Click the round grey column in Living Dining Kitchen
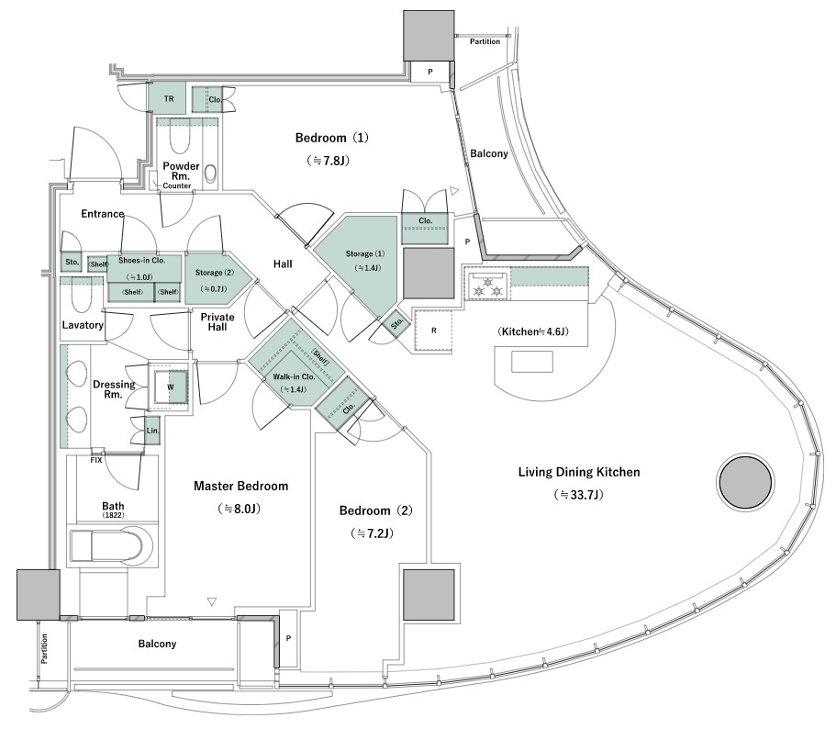click(745, 482)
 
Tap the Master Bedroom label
click(240, 486)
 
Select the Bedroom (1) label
click(331, 138)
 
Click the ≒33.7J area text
click(578, 495)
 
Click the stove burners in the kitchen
click(488, 285)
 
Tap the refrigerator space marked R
click(433, 331)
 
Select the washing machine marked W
click(171, 387)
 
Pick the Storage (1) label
click(364, 253)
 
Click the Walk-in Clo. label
click(294, 376)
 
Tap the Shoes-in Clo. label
click(142, 261)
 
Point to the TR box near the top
click(169, 98)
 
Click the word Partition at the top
click(485, 41)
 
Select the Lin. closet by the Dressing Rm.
click(152, 431)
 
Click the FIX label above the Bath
click(96, 460)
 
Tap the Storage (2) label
click(215, 273)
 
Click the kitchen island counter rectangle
click(531, 362)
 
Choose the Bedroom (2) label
click(376, 510)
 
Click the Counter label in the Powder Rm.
click(176, 185)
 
